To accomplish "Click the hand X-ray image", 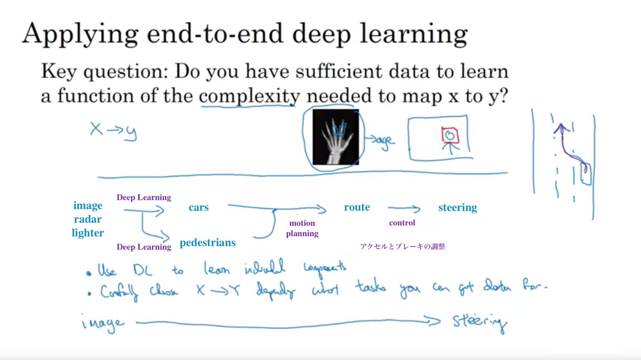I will tap(336, 137).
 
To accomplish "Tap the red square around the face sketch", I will tap(450, 135).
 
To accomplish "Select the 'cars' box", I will tap(196, 206).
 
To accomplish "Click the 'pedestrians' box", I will tap(211, 238).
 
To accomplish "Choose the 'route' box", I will tap(357, 207).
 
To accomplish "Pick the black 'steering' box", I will tap(462, 207).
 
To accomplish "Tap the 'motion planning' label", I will tap(302, 228).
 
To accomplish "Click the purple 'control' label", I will tap(402, 223).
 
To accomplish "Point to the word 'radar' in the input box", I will tap(88, 219).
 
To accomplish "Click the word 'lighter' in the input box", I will tap(88, 233).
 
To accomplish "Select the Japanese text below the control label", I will tap(402, 247).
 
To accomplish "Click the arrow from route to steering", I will tap(404, 208).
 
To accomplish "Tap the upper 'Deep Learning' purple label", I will tap(144, 197).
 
